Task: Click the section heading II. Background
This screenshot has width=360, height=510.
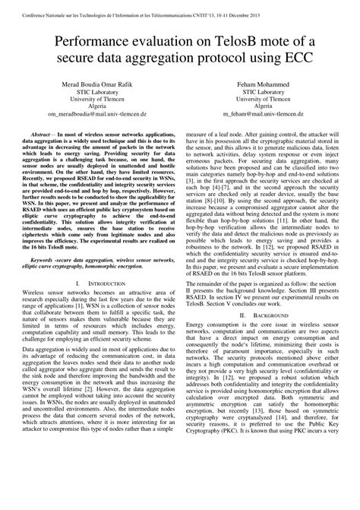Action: (x=264, y=313)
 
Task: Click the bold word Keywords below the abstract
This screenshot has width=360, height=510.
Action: (x=43, y=259)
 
